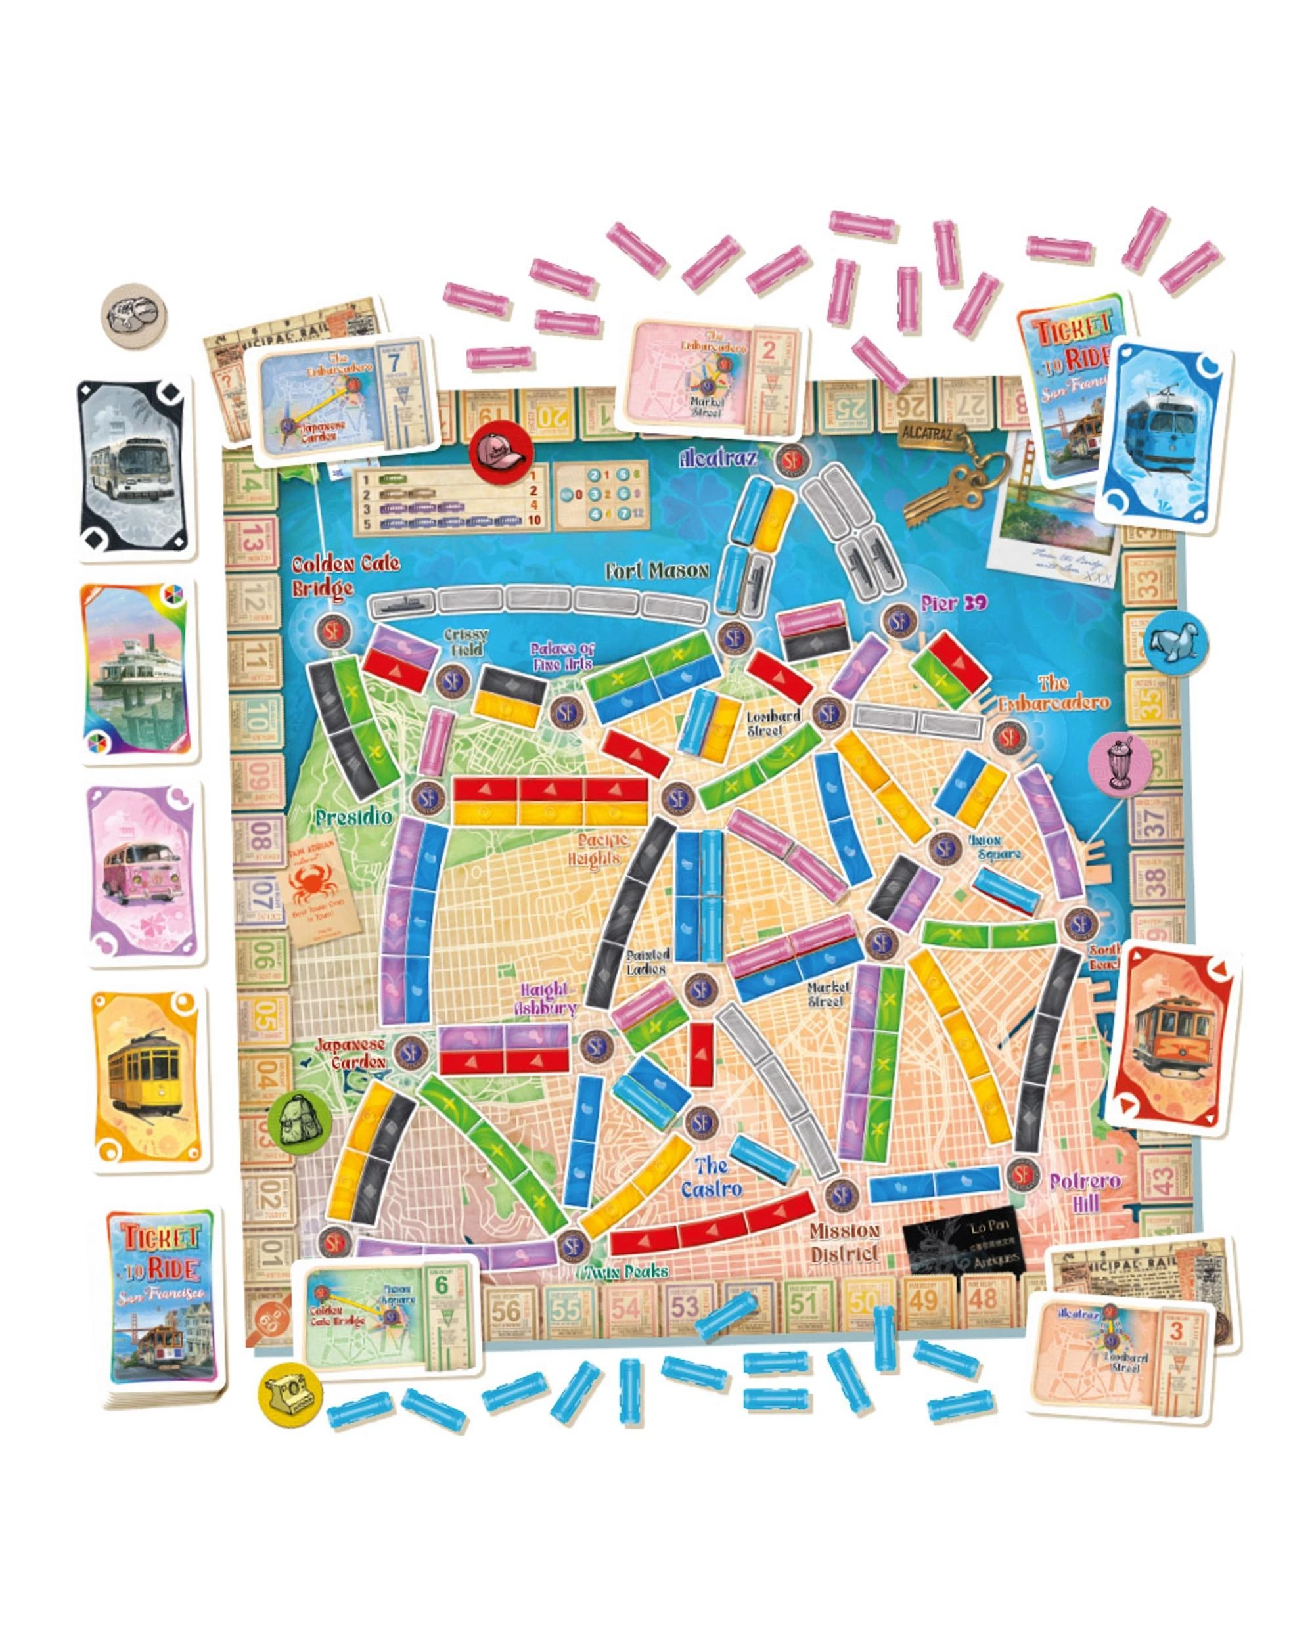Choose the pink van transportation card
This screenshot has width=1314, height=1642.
coord(145,876)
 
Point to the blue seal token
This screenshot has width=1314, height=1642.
coord(1174,644)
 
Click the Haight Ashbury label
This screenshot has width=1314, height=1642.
coord(545,997)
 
